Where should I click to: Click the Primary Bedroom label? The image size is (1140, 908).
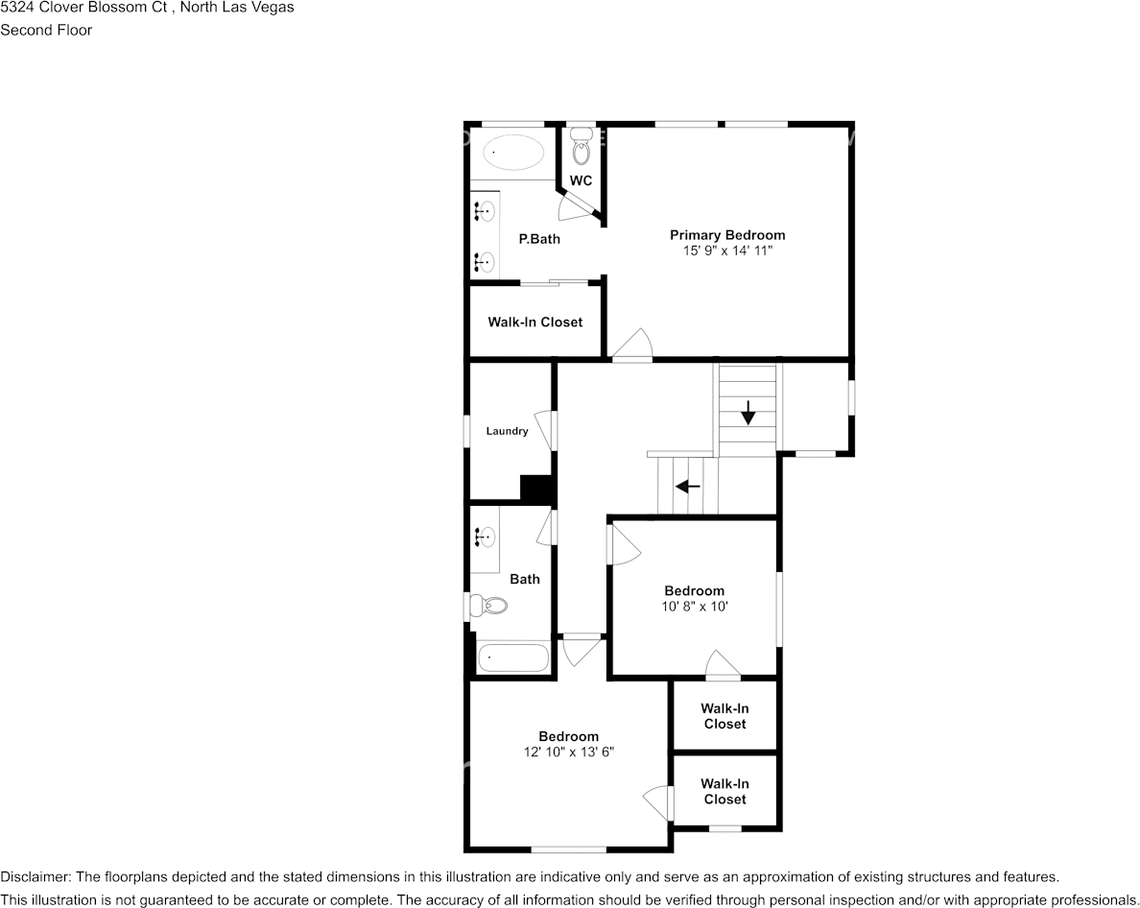726,235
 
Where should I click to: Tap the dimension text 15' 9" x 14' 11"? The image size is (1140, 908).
726,251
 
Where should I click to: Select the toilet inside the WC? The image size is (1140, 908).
581,150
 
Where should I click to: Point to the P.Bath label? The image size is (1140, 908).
539,239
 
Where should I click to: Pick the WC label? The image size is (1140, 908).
581,181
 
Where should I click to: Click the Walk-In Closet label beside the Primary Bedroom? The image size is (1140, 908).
534,323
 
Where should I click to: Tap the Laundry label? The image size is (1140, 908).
507,432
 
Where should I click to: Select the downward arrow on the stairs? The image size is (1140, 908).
748,417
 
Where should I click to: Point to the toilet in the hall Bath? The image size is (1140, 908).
490,607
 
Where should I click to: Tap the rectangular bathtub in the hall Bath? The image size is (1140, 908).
513,658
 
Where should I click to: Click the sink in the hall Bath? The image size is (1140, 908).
485,538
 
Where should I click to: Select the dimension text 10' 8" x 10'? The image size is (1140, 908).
695,606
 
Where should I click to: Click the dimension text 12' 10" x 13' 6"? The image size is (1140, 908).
568,753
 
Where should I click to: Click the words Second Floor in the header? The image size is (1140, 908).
46,30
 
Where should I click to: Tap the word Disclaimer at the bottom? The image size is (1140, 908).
34,877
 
